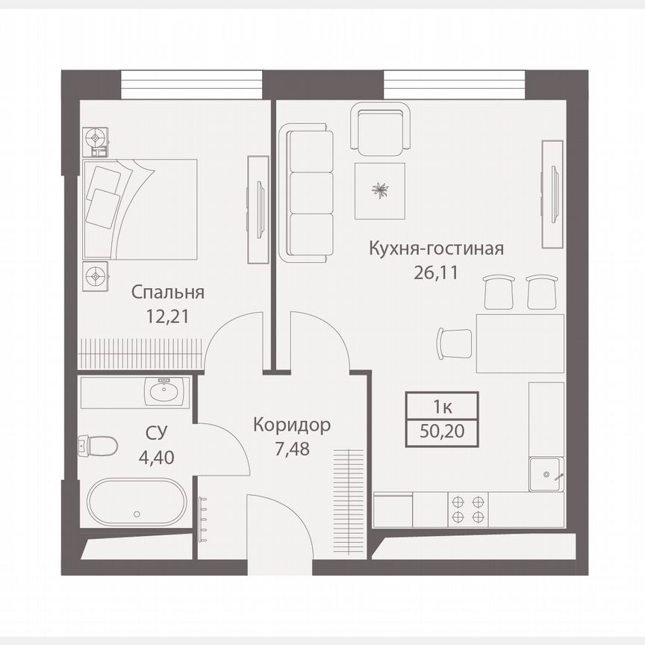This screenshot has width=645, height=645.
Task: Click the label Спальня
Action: tap(167, 292)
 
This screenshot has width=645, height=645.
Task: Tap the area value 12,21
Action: tap(167, 316)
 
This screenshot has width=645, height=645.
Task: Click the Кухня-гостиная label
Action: tap(437, 248)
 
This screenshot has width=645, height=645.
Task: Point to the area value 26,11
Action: tap(437, 271)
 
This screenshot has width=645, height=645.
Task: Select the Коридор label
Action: tap(291, 426)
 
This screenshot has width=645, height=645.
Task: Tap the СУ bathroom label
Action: tap(156, 433)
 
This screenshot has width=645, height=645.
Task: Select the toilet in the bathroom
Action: tap(99, 446)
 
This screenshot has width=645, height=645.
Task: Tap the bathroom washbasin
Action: tap(162, 390)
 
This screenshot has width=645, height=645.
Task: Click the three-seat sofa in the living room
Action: tap(308, 194)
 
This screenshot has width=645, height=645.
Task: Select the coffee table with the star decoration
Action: tap(381, 191)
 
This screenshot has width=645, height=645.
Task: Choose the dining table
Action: tap(520, 343)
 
